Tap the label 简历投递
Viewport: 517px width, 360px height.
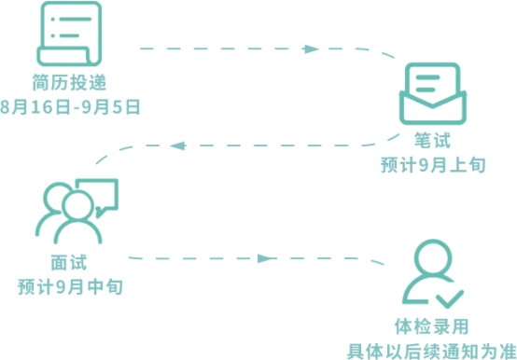point(69,82)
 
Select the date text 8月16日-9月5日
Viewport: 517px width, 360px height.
point(70,107)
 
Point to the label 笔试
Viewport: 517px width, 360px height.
point(432,140)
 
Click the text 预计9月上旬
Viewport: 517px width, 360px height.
point(433,165)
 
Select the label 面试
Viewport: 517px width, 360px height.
point(69,263)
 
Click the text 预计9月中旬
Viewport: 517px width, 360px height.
point(70,286)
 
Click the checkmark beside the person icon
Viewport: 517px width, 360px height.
point(450,298)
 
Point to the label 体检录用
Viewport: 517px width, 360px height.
point(431,326)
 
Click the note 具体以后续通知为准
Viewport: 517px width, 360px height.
point(431,351)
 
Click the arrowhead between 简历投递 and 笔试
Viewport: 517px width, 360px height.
point(311,49)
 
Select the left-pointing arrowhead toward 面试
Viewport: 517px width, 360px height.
point(178,145)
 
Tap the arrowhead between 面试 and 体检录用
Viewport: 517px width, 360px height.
point(266,258)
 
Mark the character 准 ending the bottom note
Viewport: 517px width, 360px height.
point(508,351)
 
